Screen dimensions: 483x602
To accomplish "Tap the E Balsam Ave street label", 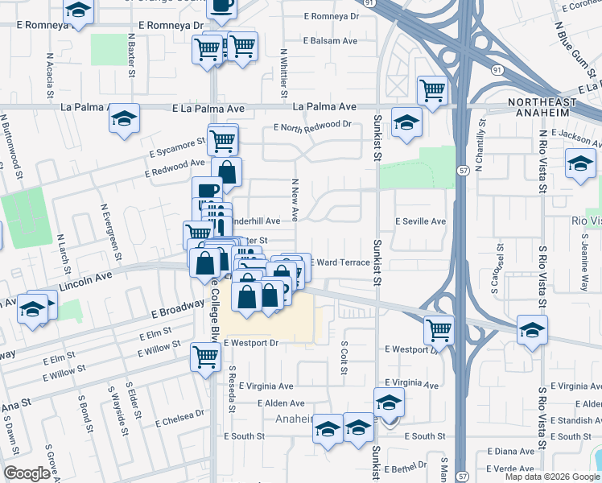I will [331, 39].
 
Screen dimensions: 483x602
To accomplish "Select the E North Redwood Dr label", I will [313, 125].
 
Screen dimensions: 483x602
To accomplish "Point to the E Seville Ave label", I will [419, 221].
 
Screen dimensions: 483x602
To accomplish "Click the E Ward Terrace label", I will [340, 262].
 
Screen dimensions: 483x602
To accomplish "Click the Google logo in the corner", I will [27, 473].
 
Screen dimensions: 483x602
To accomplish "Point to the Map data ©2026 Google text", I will [552, 477].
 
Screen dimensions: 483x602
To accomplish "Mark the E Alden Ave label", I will [282, 403].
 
